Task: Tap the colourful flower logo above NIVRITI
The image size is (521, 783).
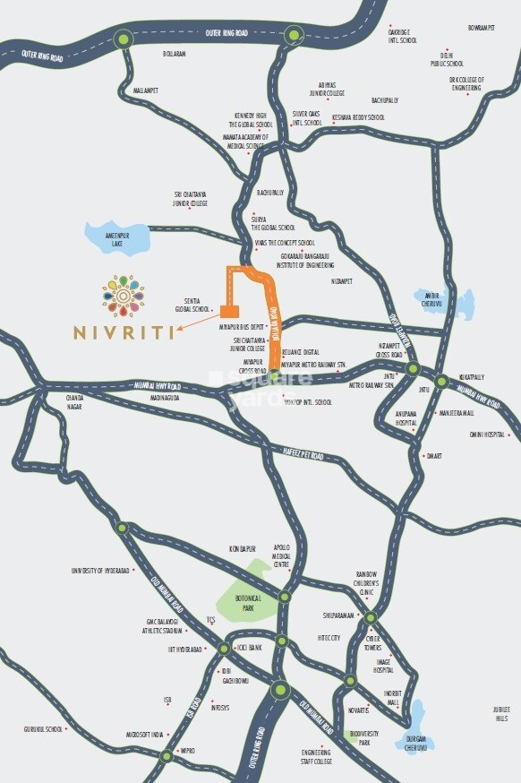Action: tap(123, 296)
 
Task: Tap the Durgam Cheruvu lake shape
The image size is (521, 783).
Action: tap(416, 719)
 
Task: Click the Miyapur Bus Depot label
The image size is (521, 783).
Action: tap(243, 327)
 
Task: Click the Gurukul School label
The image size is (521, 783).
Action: tap(43, 729)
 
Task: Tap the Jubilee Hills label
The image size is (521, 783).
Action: tap(501, 714)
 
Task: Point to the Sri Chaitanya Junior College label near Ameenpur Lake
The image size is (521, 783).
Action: tap(190, 198)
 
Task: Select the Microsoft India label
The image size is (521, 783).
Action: tap(143, 734)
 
